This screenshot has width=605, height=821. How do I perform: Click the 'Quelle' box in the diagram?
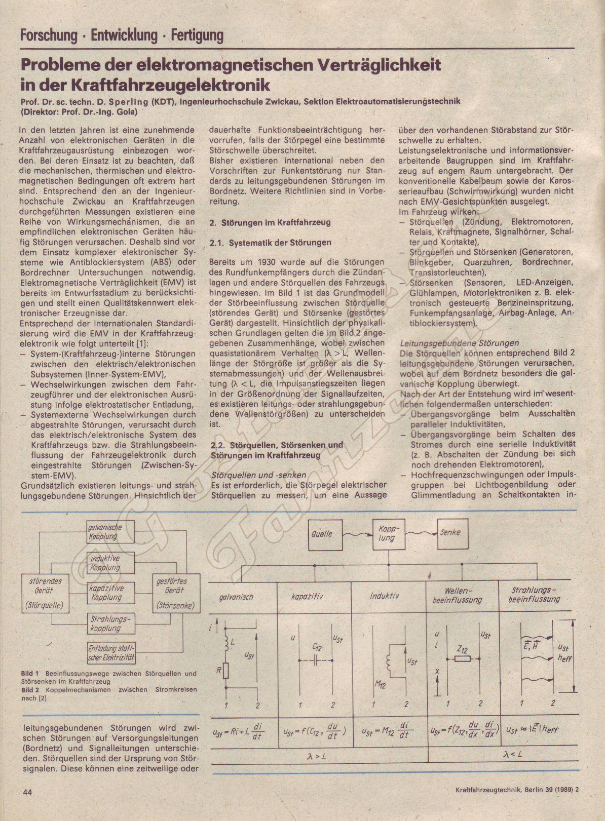pos(322,534)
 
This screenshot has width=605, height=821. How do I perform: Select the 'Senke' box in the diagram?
pos(450,532)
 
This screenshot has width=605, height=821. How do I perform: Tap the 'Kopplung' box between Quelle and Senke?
pos(389,533)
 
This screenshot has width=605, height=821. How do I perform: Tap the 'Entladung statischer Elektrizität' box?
pos(110,653)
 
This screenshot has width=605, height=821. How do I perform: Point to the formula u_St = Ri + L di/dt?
pos(242,731)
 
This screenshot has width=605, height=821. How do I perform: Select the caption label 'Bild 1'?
pos(30,674)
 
